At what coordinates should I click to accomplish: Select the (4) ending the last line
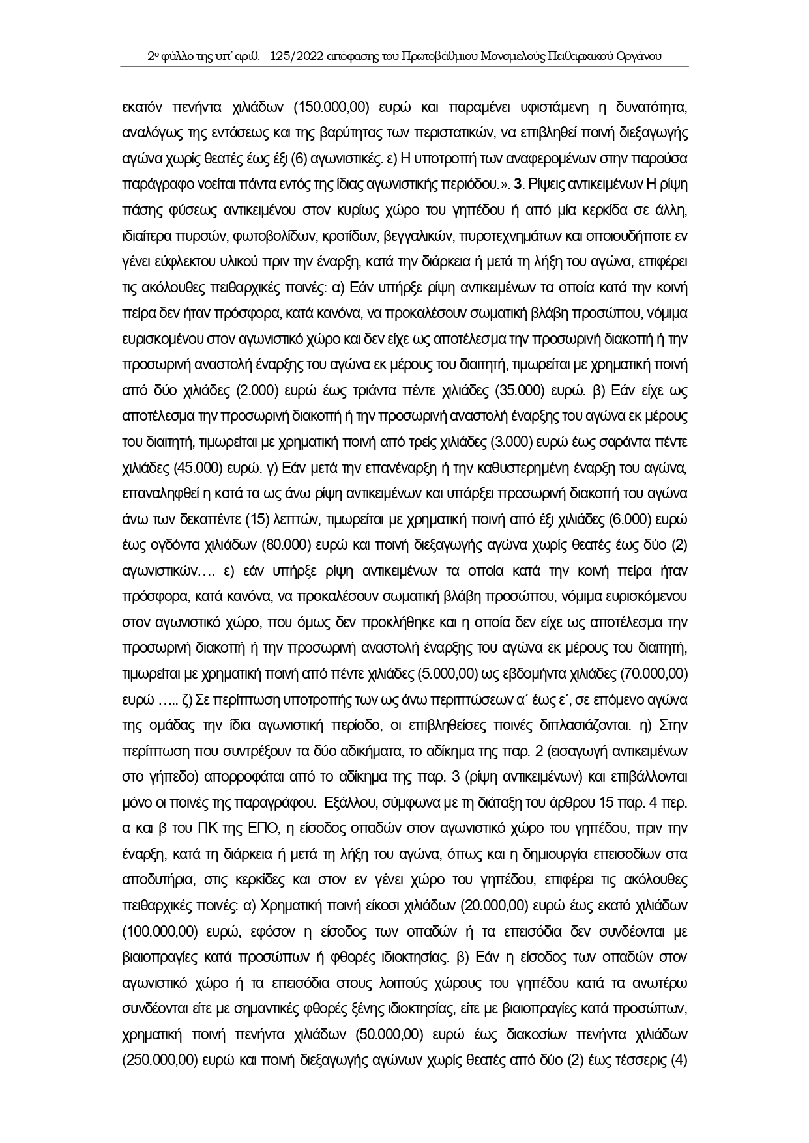click(x=679, y=1060)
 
